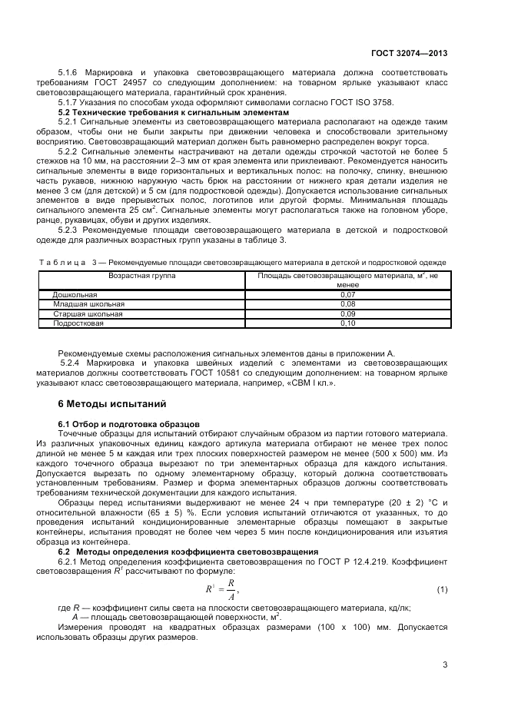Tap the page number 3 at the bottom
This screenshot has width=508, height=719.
(445, 664)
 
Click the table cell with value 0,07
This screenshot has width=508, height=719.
(347, 294)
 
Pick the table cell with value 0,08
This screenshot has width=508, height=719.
(347, 304)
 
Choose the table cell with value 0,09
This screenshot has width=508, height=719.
(347, 314)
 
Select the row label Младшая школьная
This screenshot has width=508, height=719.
(88, 304)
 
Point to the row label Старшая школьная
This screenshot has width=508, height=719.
(87, 314)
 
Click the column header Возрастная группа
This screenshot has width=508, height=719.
(142, 274)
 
